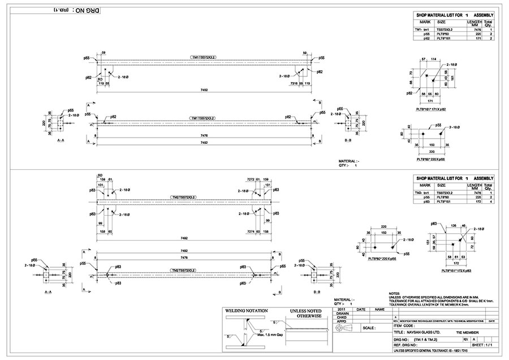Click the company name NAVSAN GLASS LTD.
(422, 333)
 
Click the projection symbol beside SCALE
(346, 328)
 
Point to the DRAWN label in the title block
(343, 313)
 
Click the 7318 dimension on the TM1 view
(294, 83)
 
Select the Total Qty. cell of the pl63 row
(490, 201)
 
